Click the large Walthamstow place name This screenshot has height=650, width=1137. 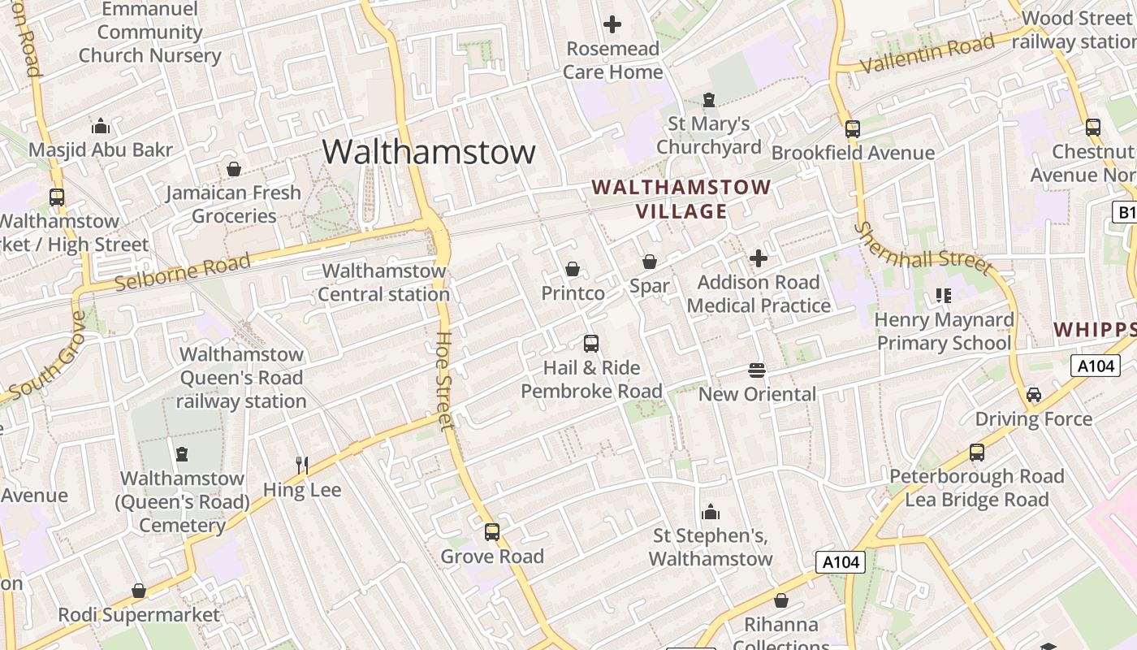point(429,152)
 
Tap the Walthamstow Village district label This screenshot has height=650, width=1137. point(681,199)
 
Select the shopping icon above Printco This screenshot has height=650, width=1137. point(573,269)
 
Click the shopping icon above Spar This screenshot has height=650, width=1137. point(650,262)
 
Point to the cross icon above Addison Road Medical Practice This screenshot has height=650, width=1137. point(758,258)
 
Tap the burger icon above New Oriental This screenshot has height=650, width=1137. point(757,370)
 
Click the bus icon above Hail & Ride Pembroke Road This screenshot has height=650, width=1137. point(591,344)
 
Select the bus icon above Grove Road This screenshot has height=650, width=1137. point(492,532)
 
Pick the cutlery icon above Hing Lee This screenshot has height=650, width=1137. point(302,465)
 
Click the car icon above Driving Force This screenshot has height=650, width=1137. point(1034,395)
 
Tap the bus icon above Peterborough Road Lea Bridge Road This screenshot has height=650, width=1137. point(977,453)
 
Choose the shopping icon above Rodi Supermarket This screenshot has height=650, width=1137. point(139,591)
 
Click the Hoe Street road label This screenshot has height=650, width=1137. point(444,379)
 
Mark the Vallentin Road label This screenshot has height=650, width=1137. point(927,54)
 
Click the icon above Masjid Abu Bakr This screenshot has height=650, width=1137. point(101,126)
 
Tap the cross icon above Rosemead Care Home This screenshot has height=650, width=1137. point(612,24)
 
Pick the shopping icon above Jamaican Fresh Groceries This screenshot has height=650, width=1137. point(234,169)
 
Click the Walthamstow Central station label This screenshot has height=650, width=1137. point(383,282)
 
